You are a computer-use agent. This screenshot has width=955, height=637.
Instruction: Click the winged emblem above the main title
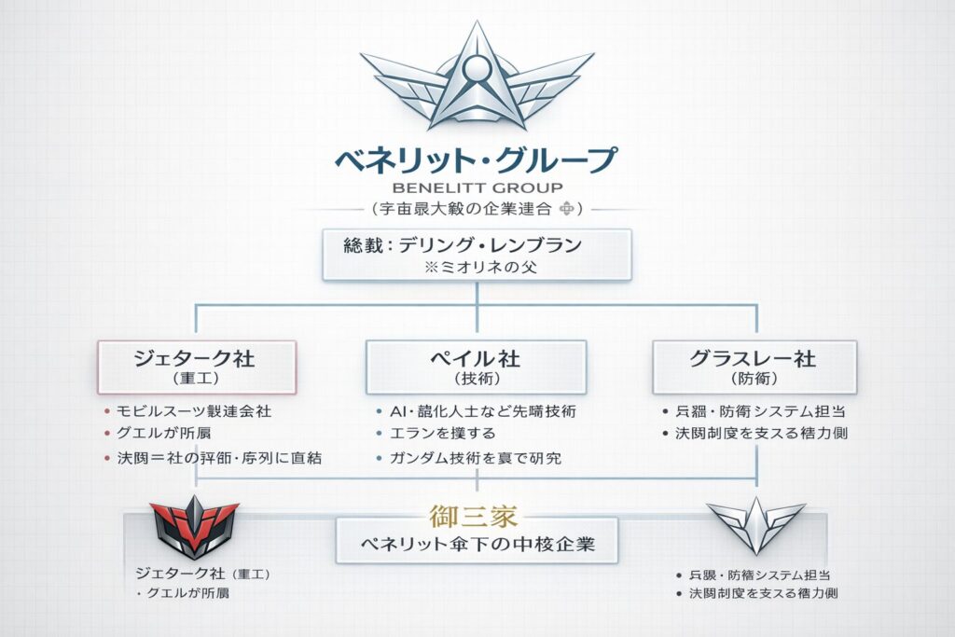pyautogui.click(x=477, y=82)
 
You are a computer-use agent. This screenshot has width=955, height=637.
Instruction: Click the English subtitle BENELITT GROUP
pyautogui.click(x=477, y=187)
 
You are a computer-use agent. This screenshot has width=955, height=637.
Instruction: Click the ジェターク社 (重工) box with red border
pyautogui.click(x=197, y=366)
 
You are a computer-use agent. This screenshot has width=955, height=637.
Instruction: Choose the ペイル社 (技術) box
pyautogui.click(x=477, y=366)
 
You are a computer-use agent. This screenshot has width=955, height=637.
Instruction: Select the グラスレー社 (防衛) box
pyautogui.click(x=754, y=366)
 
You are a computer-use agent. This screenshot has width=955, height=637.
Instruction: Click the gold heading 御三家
pyautogui.click(x=477, y=516)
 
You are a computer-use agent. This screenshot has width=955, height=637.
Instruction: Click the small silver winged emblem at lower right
pyautogui.click(x=754, y=524)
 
